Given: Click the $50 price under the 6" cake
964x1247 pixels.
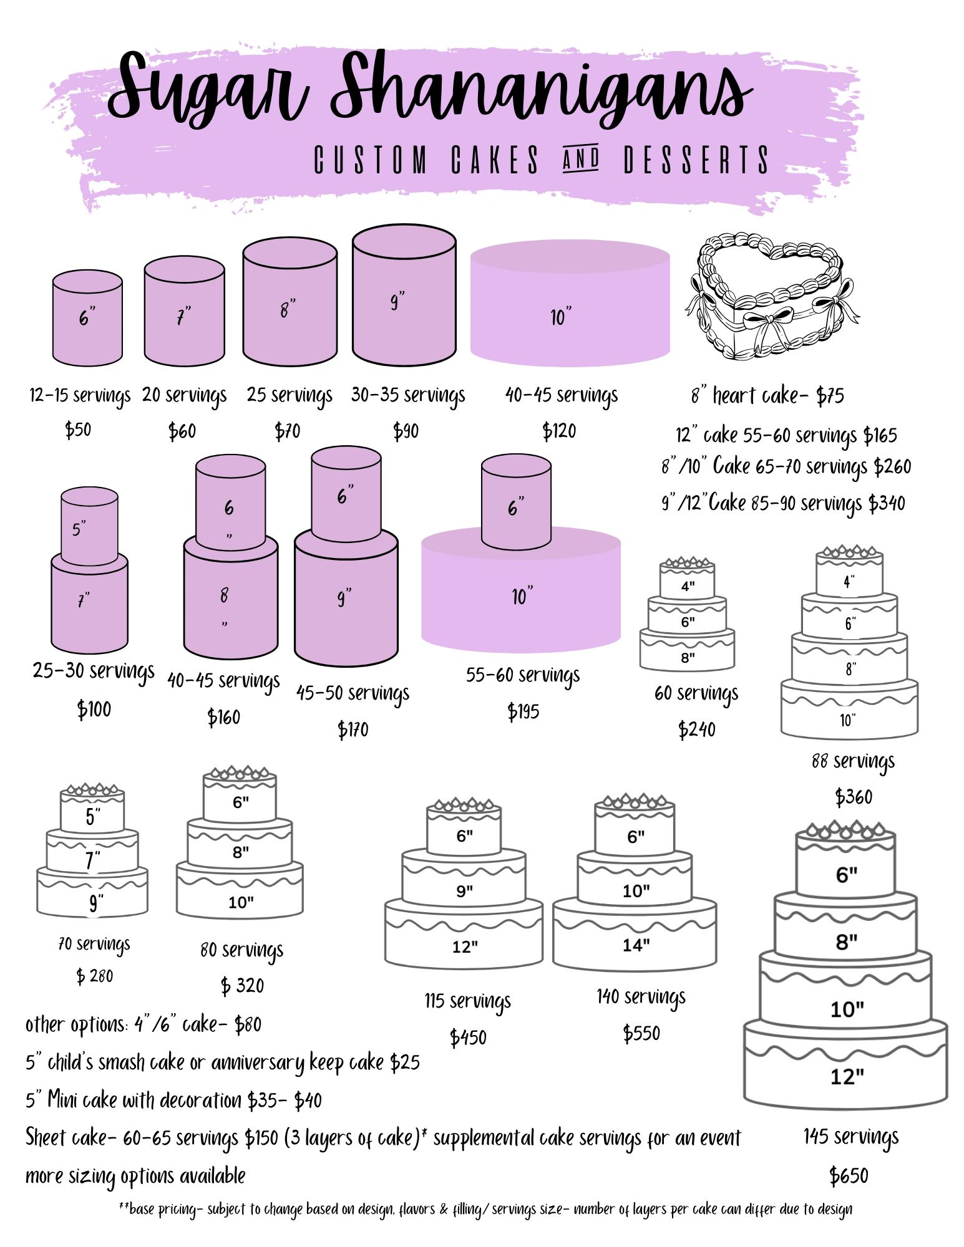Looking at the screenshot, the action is (x=78, y=430).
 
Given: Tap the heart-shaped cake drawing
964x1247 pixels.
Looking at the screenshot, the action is (x=772, y=296).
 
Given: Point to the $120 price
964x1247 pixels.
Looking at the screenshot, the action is (x=559, y=431).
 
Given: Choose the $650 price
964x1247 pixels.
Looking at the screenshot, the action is (x=849, y=1176).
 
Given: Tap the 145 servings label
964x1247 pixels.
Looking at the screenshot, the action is (x=851, y=1137).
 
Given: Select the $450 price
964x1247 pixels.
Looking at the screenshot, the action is (x=468, y=1038).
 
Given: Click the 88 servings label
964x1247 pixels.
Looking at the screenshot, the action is (x=853, y=762).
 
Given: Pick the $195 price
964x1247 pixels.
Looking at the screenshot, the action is (x=523, y=711).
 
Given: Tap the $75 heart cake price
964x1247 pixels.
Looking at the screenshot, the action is (x=830, y=395).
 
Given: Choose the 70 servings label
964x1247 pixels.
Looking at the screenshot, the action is (x=94, y=945).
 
